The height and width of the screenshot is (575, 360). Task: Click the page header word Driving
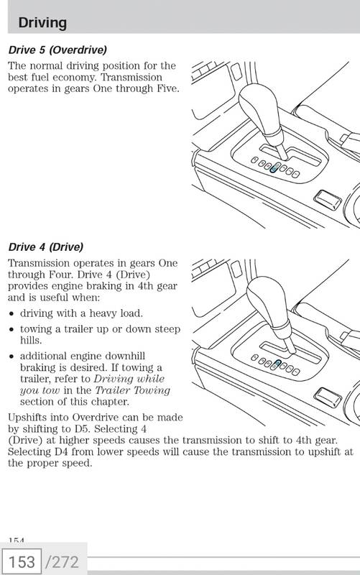[x=42, y=23]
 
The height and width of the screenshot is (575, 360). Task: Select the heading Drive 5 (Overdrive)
[x=57, y=50]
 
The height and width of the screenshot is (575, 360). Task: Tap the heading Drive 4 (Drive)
[x=46, y=247]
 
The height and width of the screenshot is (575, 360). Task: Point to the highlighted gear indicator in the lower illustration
[x=277, y=364]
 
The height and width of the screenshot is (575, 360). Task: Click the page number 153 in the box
[x=22, y=562]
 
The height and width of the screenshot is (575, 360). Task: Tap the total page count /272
[x=62, y=562]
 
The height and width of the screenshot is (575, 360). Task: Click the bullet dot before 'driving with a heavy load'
[x=12, y=314]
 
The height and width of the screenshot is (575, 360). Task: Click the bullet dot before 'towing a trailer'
[x=12, y=330]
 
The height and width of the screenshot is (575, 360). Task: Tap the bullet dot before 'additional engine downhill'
[x=12, y=356]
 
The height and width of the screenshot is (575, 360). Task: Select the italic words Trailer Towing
[x=133, y=390]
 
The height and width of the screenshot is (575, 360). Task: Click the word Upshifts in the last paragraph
[x=27, y=418]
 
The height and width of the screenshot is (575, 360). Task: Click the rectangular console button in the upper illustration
[x=328, y=200]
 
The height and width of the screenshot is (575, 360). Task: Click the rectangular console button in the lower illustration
[x=328, y=397]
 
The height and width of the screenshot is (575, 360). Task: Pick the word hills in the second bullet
[x=31, y=341]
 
